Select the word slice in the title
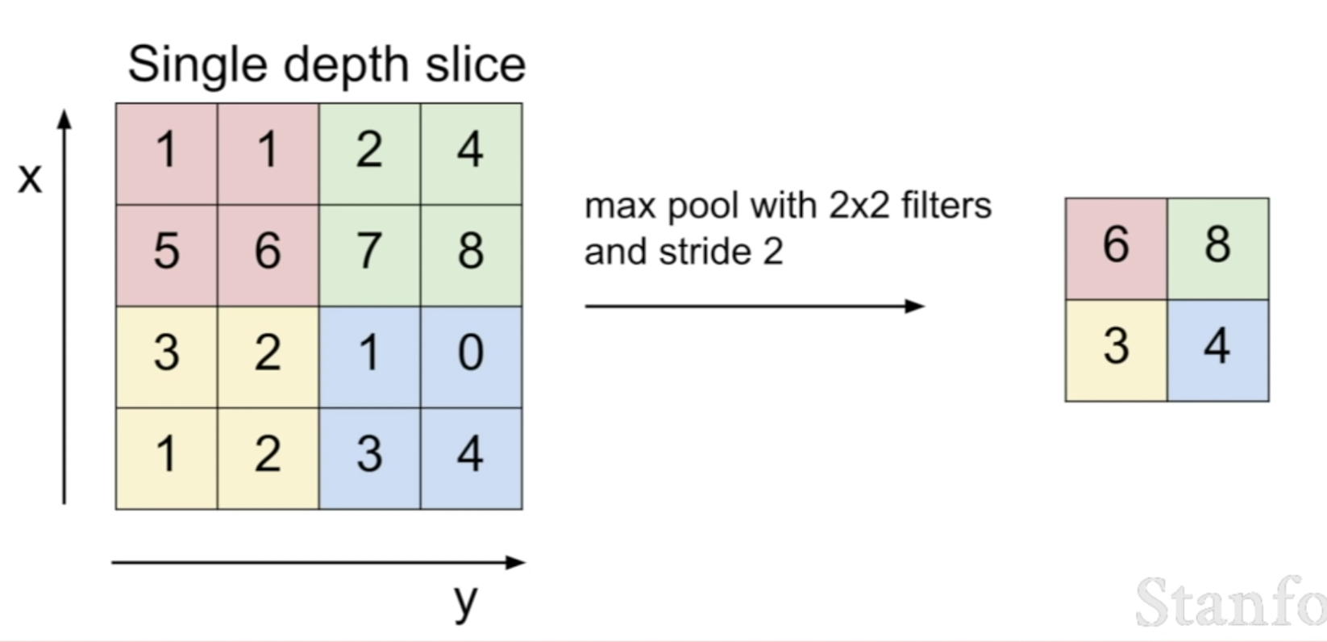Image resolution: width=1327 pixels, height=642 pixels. pos(476,65)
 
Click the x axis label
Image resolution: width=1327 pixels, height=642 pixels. pos(30,177)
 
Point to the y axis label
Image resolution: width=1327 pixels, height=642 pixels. pos(465,601)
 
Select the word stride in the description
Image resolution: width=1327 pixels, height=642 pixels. pos(705,252)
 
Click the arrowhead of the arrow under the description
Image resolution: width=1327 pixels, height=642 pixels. pos(915,306)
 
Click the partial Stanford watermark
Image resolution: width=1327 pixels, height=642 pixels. pos(1230,602)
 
